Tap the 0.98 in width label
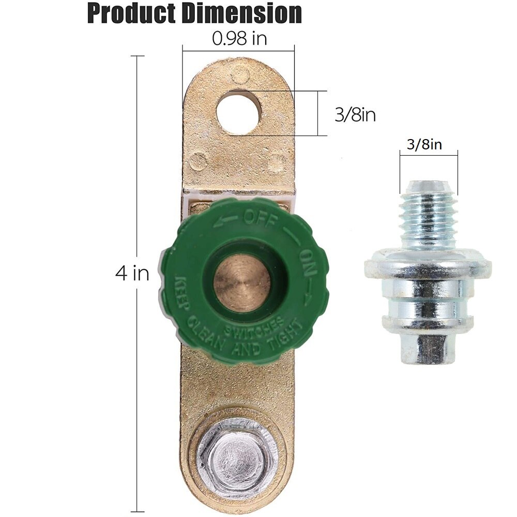pyautogui.click(x=239, y=39)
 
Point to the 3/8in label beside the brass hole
pyautogui.click(x=355, y=115)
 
